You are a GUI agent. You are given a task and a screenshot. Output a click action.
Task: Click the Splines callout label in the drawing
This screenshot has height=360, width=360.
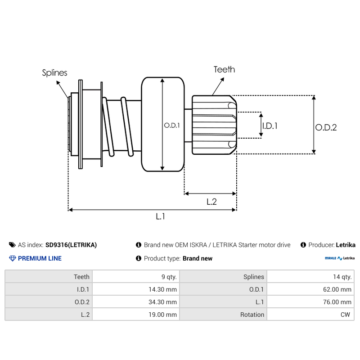[x=55, y=72]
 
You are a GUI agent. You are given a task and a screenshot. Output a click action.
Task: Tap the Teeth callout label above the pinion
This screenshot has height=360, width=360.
[x=224, y=69]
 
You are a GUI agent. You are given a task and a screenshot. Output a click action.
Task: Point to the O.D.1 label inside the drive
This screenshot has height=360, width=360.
[x=172, y=126]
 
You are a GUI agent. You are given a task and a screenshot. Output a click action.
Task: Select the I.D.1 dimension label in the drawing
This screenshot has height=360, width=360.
[x=270, y=126]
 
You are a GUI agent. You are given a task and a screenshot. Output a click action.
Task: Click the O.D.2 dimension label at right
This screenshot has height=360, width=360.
[x=326, y=127]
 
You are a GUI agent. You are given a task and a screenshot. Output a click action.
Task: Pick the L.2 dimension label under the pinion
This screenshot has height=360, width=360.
[x=211, y=202]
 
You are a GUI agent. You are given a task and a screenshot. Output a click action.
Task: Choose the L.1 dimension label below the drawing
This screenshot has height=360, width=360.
[x=161, y=216]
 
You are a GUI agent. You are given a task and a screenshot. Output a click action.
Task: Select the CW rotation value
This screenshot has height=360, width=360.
[x=346, y=315]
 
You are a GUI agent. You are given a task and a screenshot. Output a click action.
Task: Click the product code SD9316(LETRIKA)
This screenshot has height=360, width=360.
[x=71, y=245]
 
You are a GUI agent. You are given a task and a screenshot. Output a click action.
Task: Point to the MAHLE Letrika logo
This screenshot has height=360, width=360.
[x=340, y=258]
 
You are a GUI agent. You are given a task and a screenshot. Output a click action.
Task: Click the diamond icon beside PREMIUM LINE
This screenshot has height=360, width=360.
[x=12, y=258]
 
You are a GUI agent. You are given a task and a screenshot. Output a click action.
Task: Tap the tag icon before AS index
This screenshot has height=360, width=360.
[x=12, y=245]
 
